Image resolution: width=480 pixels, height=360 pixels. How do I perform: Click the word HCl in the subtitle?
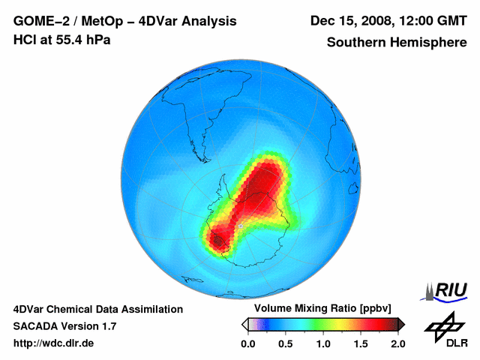25,40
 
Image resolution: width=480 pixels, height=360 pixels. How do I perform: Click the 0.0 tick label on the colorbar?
247,343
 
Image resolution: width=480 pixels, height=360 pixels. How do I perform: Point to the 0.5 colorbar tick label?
285,343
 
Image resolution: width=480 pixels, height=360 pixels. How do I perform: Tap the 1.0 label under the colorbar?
322,343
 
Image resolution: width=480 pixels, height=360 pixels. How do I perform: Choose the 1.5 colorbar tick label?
360,343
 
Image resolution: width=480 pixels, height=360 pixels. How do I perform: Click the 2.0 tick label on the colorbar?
397,343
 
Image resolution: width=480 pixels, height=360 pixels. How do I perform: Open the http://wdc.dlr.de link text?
54,343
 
